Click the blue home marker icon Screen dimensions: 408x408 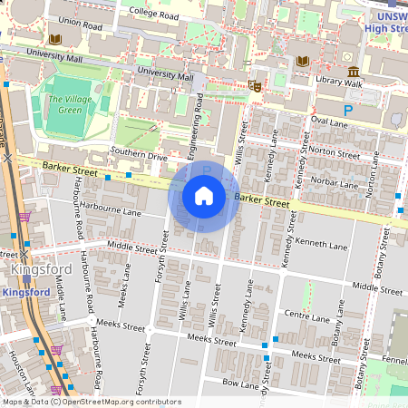pos(204,195)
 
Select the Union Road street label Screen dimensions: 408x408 pos(80,23)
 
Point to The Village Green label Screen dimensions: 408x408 pos(69,104)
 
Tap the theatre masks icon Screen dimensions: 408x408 pos(255,85)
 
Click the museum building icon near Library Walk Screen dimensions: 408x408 pos(353,72)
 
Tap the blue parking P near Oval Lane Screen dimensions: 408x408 pos(347,109)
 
